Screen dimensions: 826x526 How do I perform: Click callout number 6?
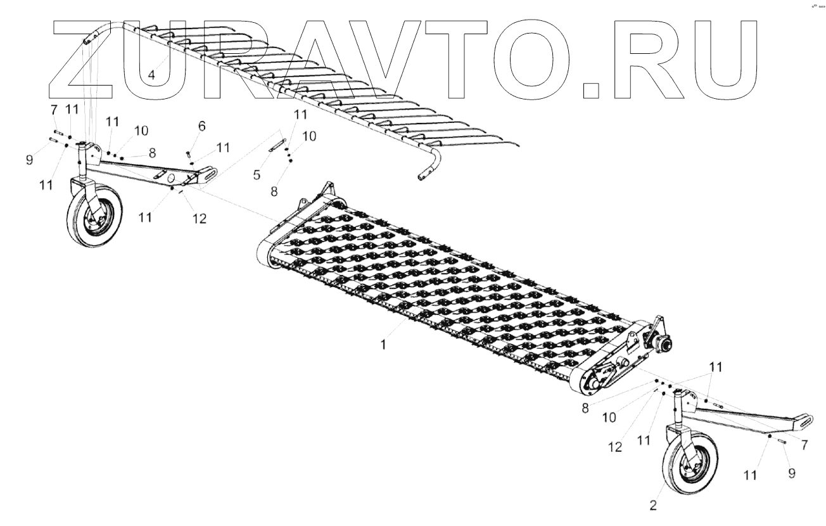coord(201,126)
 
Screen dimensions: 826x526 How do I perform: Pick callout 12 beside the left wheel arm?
coord(200,219)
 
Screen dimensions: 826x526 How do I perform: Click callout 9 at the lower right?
coord(792,472)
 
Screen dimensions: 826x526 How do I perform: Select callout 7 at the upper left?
coord(54,110)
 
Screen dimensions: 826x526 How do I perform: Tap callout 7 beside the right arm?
coord(804,446)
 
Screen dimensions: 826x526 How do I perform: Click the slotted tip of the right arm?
coord(806,420)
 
